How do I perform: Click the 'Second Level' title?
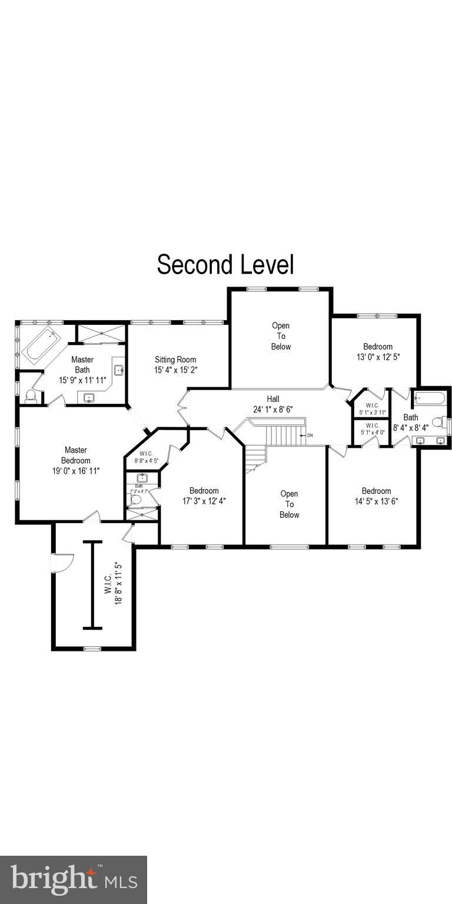[x=225, y=265]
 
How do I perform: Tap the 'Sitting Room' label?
[x=175, y=360]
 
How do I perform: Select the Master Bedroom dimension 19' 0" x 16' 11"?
[x=76, y=471]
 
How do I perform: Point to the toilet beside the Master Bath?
[x=31, y=395]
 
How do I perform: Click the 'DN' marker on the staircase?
[x=310, y=436]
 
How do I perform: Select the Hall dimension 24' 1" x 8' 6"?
[x=272, y=409]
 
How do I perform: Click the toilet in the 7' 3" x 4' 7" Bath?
[x=137, y=499]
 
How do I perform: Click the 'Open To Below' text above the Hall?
[x=281, y=336]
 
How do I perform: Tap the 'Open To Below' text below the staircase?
[x=289, y=504]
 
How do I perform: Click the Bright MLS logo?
[x=74, y=879]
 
